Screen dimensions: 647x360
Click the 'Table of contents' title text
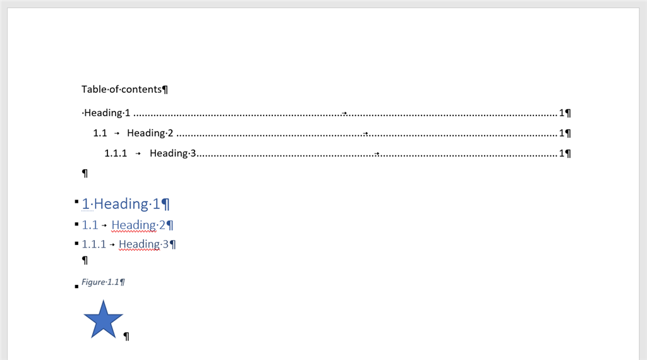tap(121, 90)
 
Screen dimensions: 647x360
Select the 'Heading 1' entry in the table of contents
tap(107, 113)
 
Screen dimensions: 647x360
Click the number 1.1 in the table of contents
tap(100, 133)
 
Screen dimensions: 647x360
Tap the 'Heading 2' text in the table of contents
tap(150, 133)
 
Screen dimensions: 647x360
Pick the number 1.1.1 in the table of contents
tap(116, 153)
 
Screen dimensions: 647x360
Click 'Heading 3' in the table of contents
tap(173, 153)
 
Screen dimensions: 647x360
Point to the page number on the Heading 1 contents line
tap(562, 113)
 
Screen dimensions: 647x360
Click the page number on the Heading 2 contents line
tap(562, 133)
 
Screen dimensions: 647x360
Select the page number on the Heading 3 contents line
tap(562, 153)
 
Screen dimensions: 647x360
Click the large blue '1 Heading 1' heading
tap(121, 204)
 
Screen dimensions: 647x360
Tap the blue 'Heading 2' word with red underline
tap(138, 225)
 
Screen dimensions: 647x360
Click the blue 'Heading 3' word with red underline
tap(143, 244)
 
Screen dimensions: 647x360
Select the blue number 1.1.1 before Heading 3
tap(94, 244)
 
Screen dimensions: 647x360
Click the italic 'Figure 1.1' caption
tap(100, 282)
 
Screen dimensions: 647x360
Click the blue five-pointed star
tap(103, 320)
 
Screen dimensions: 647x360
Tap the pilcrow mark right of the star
tap(126, 337)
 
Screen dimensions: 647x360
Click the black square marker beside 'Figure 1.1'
tap(76, 287)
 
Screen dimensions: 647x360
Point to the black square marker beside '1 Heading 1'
tap(76, 201)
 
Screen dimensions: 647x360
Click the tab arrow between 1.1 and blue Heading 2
tap(104, 225)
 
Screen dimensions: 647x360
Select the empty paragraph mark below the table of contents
tap(85, 173)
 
